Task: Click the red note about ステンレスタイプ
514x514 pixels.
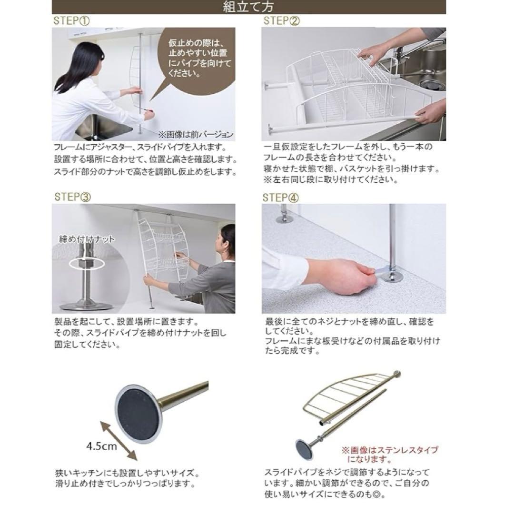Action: click(389, 455)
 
